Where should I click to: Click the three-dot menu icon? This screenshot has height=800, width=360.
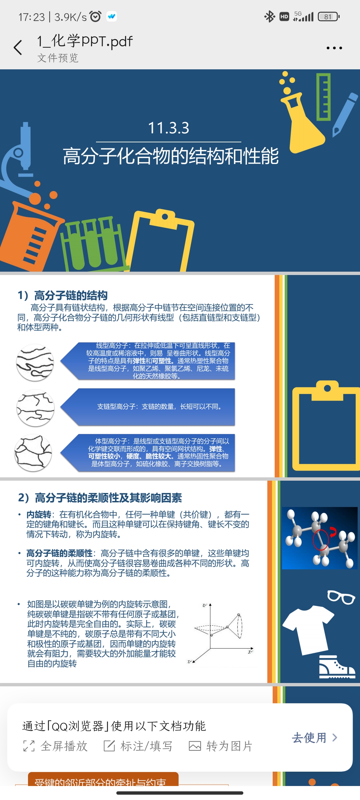tap(334, 48)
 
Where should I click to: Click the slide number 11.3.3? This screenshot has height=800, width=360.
tap(168, 128)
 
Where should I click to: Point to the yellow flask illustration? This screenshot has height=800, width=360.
tap(302, 123)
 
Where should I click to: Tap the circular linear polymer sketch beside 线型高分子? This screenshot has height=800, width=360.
tap(35, 362)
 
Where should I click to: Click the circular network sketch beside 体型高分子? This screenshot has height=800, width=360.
tap(33, 453)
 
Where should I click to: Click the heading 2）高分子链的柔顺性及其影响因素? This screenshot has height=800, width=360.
tap(100, 498)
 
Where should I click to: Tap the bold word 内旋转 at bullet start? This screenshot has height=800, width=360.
tap(39, 515)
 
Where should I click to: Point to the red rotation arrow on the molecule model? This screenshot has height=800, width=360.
tap(333, 532)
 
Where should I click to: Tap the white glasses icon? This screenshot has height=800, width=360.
tap(341, 597)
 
